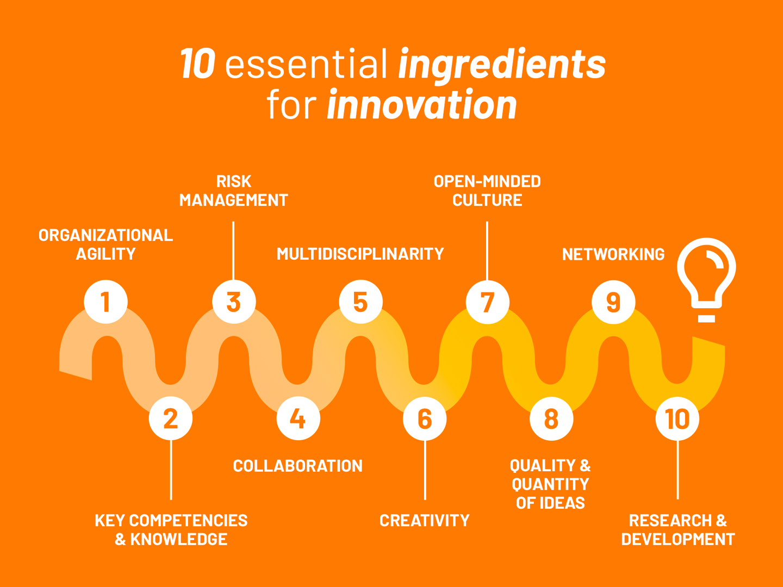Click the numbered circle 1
click(105, 302)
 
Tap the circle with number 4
click(298, 418)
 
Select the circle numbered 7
click(487, 302)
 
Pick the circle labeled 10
click(678, 418)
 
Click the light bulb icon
click(706, 280)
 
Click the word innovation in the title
click(422, 104)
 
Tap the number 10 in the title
click(197, 64)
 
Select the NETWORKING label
click(613, 254)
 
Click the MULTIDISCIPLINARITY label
click(361, 254)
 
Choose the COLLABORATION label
click(298, 466)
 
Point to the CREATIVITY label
click(425, 521)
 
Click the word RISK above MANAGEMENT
click(234, 182)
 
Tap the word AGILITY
click(105, 254)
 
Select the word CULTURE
click(487, 200)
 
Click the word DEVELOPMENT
click(678, 539)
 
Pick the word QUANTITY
click(550, 484)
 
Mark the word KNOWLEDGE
click(179, 539)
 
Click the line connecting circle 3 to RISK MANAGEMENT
click(233, 251)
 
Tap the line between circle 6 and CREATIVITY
click(425, 470)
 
